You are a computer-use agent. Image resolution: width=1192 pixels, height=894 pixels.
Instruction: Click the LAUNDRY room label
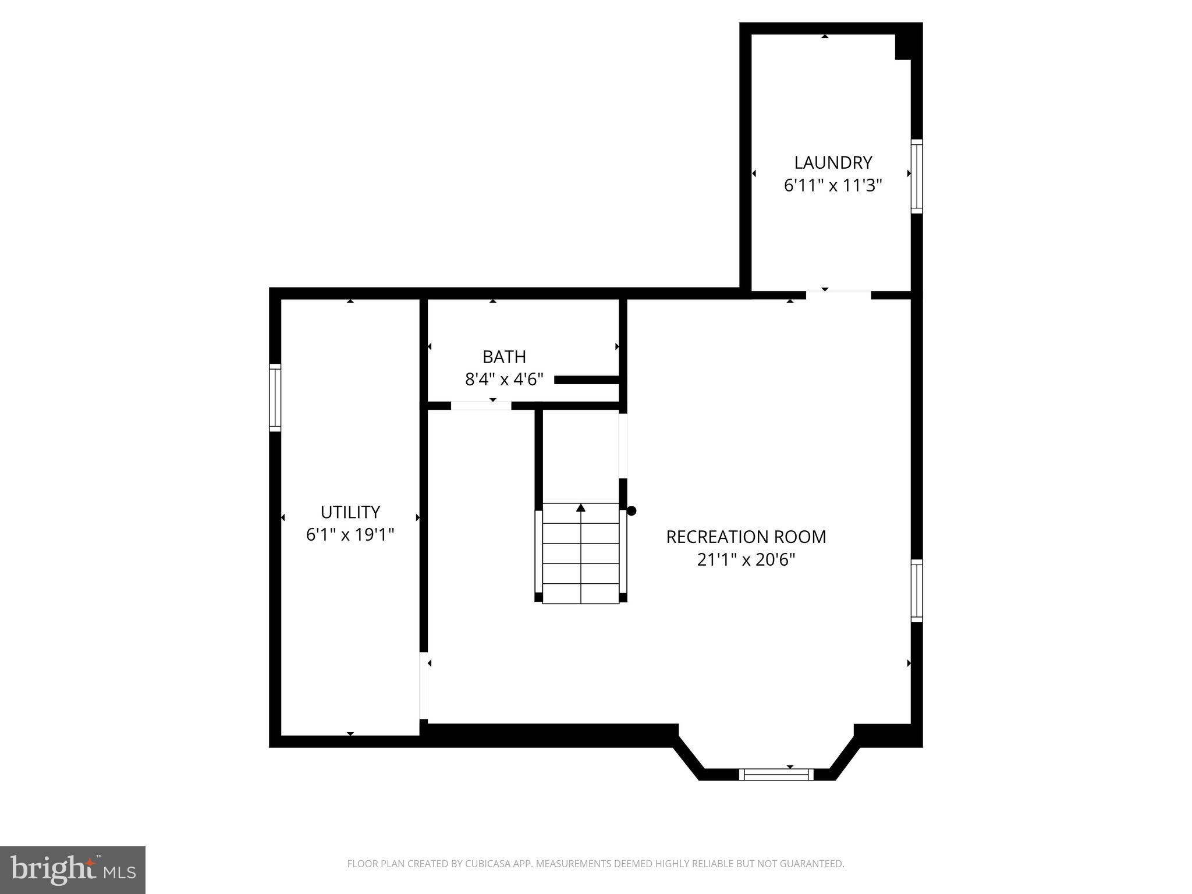(833, 162)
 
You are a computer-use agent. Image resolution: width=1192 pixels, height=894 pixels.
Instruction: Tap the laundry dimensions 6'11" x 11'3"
(833, 186)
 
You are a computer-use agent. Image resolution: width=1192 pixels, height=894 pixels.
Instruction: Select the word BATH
(504, 356)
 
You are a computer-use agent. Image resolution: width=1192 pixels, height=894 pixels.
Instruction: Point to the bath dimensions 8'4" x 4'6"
(504, 379)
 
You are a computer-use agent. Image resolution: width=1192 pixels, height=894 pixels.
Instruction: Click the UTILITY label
(350, 512)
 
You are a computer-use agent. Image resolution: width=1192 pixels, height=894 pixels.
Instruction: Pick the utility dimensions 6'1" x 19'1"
(350, 534)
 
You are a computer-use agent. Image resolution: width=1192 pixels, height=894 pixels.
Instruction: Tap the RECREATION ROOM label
(746, 537)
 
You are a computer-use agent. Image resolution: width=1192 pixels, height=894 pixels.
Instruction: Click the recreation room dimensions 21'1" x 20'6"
(746, 559)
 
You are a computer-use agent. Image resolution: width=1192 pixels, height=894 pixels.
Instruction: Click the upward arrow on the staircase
(580, 508)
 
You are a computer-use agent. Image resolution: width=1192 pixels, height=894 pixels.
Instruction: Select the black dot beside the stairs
(632, 511)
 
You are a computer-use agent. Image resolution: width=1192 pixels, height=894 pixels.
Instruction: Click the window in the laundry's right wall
(916, 176)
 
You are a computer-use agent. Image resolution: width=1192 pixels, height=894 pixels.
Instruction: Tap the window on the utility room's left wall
(275, 398)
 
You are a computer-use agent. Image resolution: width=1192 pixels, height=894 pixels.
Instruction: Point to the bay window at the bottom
(776, 774)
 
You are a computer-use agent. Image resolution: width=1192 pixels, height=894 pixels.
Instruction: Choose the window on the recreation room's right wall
(916, 591)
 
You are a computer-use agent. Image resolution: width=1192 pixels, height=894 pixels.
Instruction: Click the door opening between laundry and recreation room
(838, 295)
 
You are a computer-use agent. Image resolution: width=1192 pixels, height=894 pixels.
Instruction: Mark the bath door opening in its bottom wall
(481, 406)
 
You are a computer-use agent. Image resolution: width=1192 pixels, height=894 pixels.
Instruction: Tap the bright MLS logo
(72, 870)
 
